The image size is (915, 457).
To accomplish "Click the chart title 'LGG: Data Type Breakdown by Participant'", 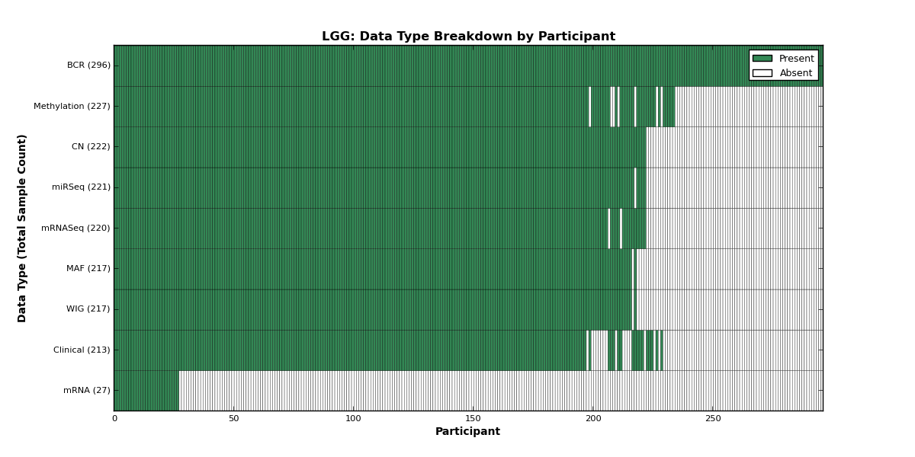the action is pos(468,37).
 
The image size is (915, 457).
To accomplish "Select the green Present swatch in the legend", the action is pos(762,59).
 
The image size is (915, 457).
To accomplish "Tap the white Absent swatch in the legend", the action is pos(762,73).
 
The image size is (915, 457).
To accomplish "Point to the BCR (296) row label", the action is pos(88,66).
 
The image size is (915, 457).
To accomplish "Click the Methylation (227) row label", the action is pos(72,106).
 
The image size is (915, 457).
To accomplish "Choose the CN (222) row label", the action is pos(91,146).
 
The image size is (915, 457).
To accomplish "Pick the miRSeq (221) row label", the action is pos(81,187).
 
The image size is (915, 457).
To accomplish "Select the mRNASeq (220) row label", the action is pos(75,228).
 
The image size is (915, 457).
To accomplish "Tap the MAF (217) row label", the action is pos(88,268).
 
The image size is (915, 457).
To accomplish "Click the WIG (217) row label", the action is pos(88,309).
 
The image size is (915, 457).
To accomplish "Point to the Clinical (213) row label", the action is pos(82,350).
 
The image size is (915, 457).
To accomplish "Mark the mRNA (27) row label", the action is pos(87,390).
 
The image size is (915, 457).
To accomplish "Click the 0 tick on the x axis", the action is pos(115,419).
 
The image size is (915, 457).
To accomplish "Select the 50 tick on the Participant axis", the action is pos(233,419).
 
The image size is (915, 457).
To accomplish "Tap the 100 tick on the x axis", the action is pos(353,419).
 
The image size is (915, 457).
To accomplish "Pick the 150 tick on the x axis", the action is pos(473,419).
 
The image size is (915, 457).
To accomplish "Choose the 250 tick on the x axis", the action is pos(713,419).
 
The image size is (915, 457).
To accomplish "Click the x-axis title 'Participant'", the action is pos(467,432).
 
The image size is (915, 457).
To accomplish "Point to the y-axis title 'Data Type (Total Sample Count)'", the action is pos(21,228).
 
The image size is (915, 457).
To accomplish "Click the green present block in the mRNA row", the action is pos(146,391).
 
